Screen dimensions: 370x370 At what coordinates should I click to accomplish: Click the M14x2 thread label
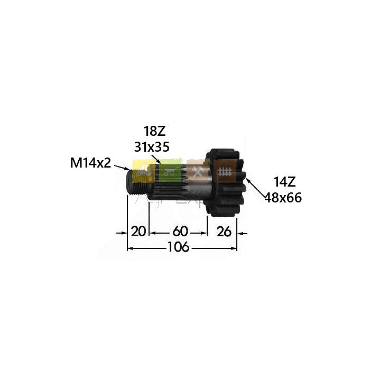coord(90,163)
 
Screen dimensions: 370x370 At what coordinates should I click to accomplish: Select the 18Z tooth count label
coord(155,132)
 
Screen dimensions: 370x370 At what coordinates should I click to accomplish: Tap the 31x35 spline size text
coord(152,147)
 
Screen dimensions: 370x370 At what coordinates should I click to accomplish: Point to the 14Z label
coord(284,182)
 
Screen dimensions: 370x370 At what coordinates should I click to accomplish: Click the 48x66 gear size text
coord(283,198)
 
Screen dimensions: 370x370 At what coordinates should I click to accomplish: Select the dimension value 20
coord(138,232)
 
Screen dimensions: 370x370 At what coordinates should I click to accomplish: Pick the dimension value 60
coord(180,232)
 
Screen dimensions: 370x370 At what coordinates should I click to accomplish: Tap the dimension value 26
coord(224,232)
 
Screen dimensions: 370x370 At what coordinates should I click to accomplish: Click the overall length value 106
coord(179,247)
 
